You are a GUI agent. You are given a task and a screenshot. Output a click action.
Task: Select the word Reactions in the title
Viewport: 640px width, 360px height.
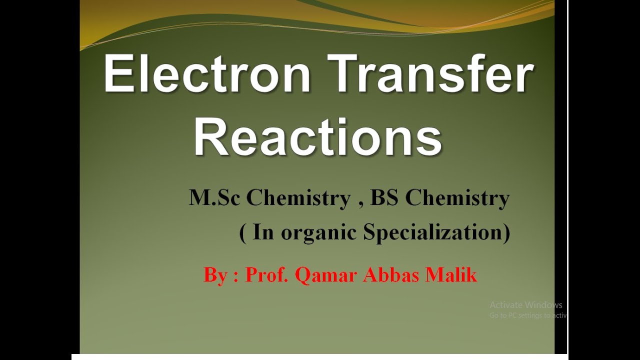coord(318,136)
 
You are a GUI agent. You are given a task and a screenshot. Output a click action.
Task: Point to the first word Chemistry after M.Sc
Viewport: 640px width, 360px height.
coord(298,198)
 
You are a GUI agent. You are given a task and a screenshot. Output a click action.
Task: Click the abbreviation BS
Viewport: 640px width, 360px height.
coord(384,198)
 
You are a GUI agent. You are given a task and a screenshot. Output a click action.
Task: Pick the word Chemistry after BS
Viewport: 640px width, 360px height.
coord(457,198)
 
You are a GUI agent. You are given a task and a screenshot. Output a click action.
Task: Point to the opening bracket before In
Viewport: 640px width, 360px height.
coord(243,233)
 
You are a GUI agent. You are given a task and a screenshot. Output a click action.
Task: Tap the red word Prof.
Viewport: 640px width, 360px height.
coord(266,275)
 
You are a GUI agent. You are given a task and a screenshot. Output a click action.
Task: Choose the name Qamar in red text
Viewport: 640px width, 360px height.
coord(326,275)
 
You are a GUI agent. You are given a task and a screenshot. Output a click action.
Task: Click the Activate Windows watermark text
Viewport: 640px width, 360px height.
coord(526,305)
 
